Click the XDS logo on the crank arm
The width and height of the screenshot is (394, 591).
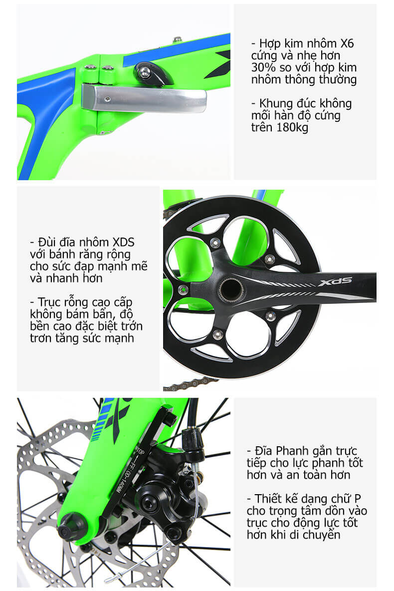pos(335,282)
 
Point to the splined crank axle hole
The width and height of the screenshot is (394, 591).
pos(230,289)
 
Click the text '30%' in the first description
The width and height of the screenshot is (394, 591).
pos(263,67)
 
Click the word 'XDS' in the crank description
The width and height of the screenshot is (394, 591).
pos(124,242)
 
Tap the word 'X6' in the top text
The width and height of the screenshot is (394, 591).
pos(347,43)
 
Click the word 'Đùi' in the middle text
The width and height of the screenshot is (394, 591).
pos(47,242)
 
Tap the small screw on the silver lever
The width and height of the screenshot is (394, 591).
pos(108,99)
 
